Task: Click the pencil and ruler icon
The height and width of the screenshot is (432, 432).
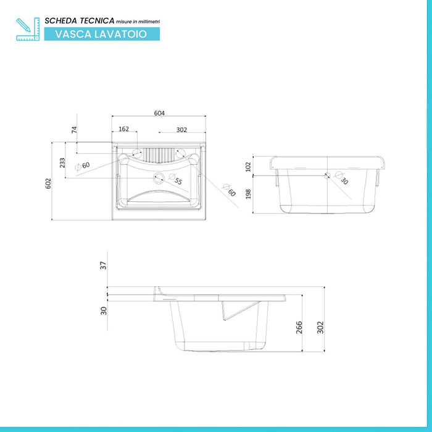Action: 28,29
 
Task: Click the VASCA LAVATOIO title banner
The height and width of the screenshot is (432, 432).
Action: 102,34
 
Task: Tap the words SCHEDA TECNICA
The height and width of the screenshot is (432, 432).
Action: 80,20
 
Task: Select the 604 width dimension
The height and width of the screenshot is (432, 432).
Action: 159,113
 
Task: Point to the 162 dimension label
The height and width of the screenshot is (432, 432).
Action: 123,129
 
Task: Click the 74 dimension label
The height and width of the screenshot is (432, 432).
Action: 74,130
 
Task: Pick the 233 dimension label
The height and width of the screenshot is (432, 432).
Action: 62,162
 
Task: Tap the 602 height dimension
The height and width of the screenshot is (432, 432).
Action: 48,183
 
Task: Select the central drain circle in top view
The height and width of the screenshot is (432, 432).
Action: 159,178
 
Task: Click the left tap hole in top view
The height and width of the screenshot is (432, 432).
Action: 137,153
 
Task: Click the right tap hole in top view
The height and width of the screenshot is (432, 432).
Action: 180,153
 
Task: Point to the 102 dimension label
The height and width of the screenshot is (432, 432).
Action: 248,167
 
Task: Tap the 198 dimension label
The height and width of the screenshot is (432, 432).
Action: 248,194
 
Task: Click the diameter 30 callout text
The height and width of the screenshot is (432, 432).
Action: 342,178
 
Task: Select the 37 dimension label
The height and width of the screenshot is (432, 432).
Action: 103,265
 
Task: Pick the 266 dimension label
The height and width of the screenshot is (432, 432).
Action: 299,328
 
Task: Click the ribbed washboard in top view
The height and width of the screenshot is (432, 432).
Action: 159,156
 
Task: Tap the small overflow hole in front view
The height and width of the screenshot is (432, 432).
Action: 327,175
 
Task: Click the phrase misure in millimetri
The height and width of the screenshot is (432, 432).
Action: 138,22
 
